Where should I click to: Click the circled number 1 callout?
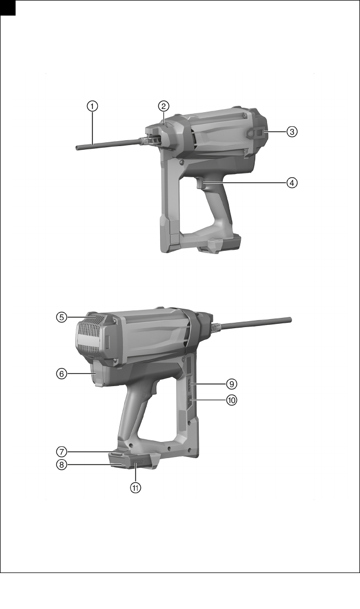[x=92, y=106]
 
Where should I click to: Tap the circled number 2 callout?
[x=163, y=106]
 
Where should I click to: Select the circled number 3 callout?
[x=292, y=132]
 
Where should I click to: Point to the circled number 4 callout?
[x=292, y=183]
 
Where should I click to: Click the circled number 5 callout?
[x=61, y=317]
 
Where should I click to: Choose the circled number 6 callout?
[x=61, y=374]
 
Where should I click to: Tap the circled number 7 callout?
[x=61, y=452]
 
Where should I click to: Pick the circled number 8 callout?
[x=61, y=465]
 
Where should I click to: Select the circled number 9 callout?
[x=232, y=384]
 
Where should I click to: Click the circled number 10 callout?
[x=232, y=400]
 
